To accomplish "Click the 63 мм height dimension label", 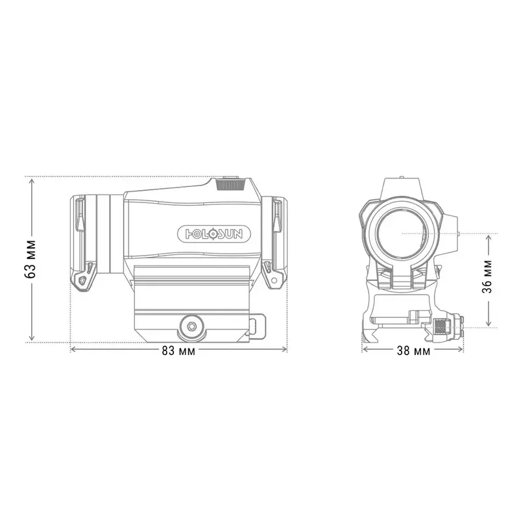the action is [30, 259].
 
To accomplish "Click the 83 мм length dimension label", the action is [178, 351].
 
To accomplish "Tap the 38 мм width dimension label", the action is [413, 351].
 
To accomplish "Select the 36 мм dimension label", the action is [487, 277].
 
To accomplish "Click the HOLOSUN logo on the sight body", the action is [214, 234].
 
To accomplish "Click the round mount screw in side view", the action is [191, 326].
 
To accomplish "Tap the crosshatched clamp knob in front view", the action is [441, 327].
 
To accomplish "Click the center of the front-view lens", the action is [401, 234].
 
